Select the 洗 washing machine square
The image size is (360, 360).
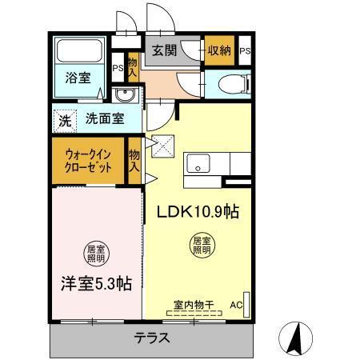pos(63,122)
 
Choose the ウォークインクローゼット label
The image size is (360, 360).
pos(87,161)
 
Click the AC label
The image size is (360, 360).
pos(236,306)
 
